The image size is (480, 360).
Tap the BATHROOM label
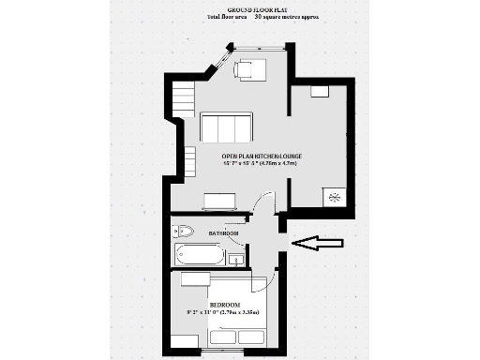tap(222, 232)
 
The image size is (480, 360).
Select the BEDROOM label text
tap(226, 306)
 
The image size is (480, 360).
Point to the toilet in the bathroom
tap(184, 231)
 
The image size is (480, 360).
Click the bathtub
tap(199, 256)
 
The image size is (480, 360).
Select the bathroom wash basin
tap(238, 257)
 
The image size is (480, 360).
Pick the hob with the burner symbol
tap(335, 197)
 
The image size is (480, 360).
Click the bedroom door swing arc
tap(265, 272)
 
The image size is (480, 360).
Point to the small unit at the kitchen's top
tap(321, 92)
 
